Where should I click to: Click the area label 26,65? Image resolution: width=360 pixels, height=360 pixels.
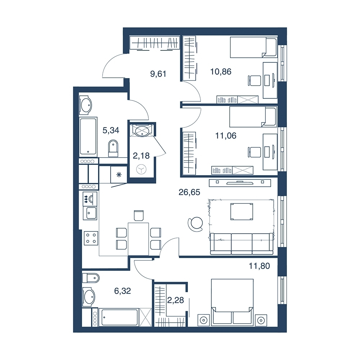189,192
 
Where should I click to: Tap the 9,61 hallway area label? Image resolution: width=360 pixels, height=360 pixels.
158,74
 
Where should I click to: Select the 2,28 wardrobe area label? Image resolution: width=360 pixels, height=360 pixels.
175,300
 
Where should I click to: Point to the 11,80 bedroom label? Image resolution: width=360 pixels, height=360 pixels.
259,266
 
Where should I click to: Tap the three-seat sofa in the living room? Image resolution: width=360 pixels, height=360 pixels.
242,244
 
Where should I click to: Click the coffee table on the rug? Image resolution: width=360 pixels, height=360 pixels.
242,211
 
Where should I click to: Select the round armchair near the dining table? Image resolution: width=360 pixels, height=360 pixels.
195,224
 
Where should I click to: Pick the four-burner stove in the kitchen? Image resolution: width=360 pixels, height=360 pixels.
91,238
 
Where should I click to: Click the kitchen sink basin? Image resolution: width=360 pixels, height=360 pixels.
91,213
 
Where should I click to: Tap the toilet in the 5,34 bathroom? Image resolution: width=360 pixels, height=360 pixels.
113,148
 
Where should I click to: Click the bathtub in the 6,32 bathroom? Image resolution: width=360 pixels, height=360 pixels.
120,317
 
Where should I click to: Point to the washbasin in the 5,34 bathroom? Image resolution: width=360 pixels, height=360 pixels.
86,105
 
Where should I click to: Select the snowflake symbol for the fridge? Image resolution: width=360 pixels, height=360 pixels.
119,175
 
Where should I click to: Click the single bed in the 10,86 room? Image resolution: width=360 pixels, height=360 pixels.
253,48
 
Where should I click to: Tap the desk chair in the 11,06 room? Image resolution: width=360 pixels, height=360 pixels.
255,152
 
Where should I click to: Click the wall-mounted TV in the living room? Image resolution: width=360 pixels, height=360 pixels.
240,183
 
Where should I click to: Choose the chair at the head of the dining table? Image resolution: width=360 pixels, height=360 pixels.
139,215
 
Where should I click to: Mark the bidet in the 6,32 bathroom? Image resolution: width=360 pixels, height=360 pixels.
91,278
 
